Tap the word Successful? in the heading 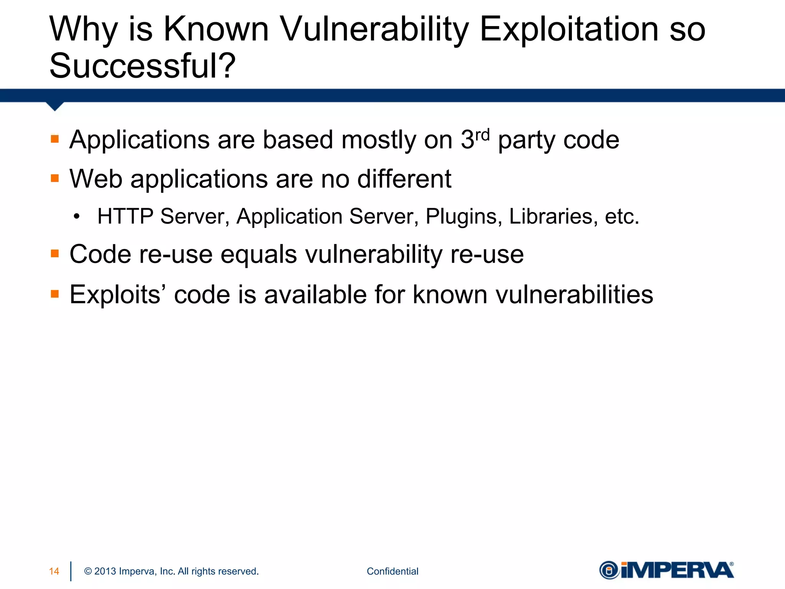click(142, 66)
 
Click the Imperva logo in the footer click(667, 570)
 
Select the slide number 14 click(54, 571)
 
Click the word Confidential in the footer click(392, 571)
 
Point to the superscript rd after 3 click(482, 135)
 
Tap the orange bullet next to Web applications click(55, 178)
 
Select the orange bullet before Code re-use click(55, 253)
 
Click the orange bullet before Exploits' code click(55, 294)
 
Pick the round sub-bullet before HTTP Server click(77, 217)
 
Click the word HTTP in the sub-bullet click(125, 217)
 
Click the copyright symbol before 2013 click(88, 571)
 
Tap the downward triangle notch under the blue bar click(55, 106)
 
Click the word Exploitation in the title click(569, 30)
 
